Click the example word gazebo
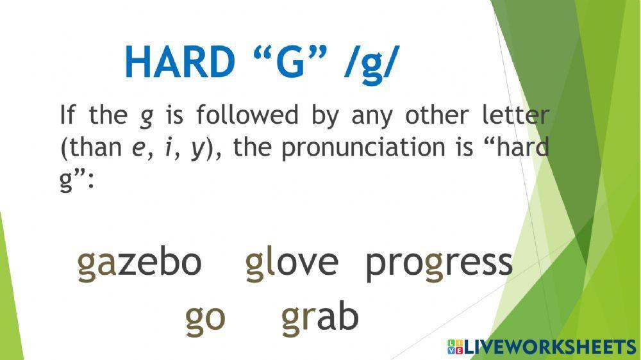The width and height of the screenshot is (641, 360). [x=140, y=263]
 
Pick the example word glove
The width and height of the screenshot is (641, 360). [x=292, y=263]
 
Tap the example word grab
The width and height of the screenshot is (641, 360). [x=320, y=317]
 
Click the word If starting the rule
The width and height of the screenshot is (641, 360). [x=67, y=116]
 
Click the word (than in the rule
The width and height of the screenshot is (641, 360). [x=90, y=149]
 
